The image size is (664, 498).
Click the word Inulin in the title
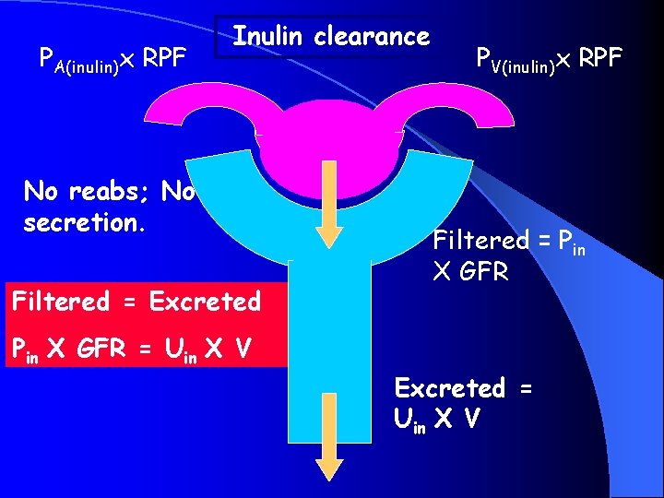(x=268, y=37)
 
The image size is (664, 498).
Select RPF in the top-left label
(x=166, y=57)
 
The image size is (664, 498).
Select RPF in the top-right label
(x=600, y=58)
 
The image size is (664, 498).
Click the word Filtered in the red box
(x=61, y=301)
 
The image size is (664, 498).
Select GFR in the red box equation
(x=116, y=349)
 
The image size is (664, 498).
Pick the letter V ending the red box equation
(x=243, y=349)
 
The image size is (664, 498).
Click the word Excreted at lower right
(x=449, y=387)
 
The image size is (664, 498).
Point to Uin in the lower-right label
(x=409, y=419)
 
